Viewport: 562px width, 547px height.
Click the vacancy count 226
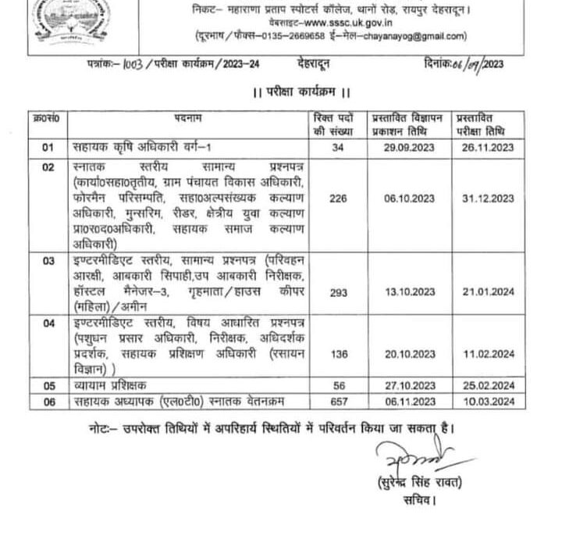(x=338, y=199)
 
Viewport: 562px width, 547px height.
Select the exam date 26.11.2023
(x=487, y=147)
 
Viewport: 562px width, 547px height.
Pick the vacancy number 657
(x=338, y=402)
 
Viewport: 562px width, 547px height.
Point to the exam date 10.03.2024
(x=487, y=402)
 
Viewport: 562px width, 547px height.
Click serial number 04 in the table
(x=48, y=322)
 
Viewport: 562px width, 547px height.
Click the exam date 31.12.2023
(x=487, y=199)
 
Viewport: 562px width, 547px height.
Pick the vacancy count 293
(x=338, y=291)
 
